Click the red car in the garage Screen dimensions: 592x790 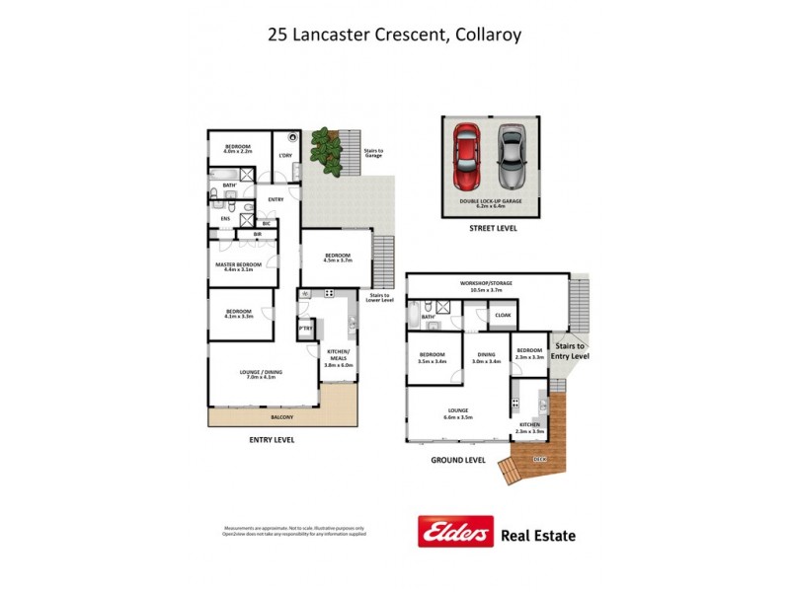pyautogui.click(x=467, y=158)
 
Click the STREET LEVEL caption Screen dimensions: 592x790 pyautogui.click(x=492, y=228)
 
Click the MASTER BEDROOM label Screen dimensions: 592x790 pyautogui.click(x=239, y=264)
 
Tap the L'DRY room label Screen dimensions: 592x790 pyautogui.click(x=285, y=155)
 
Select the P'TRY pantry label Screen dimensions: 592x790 pyautogui.click(x=305, y=329)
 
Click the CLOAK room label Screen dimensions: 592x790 pyautogui.click(x=503, y=316)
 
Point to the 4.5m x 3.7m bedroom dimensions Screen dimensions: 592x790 pyautogui.click(x=339, y=260)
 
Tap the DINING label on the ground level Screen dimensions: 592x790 pyautogui.click(x=486, y=355)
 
